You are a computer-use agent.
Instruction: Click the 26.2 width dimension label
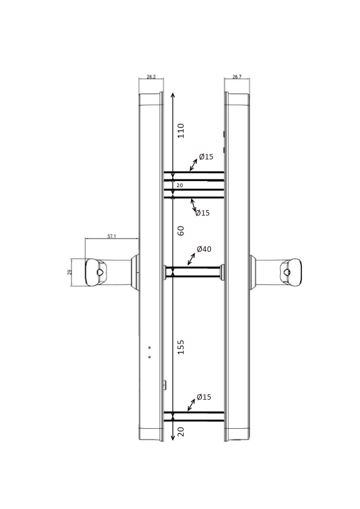coord(151,77)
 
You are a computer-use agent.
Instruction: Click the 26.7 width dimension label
coord(237,77)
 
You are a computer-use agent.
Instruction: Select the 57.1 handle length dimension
coord(112,236)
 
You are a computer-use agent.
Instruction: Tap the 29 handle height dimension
coord(69,272)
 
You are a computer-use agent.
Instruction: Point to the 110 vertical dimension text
coord(181,131)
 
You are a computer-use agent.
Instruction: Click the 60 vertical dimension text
coord(181,231)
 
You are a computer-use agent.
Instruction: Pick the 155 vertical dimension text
coord(181,347)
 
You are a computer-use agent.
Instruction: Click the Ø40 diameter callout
coord(204,249)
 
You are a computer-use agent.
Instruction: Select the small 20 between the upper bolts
coord(180,185)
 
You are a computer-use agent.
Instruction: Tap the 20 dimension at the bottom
coord(181,432)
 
